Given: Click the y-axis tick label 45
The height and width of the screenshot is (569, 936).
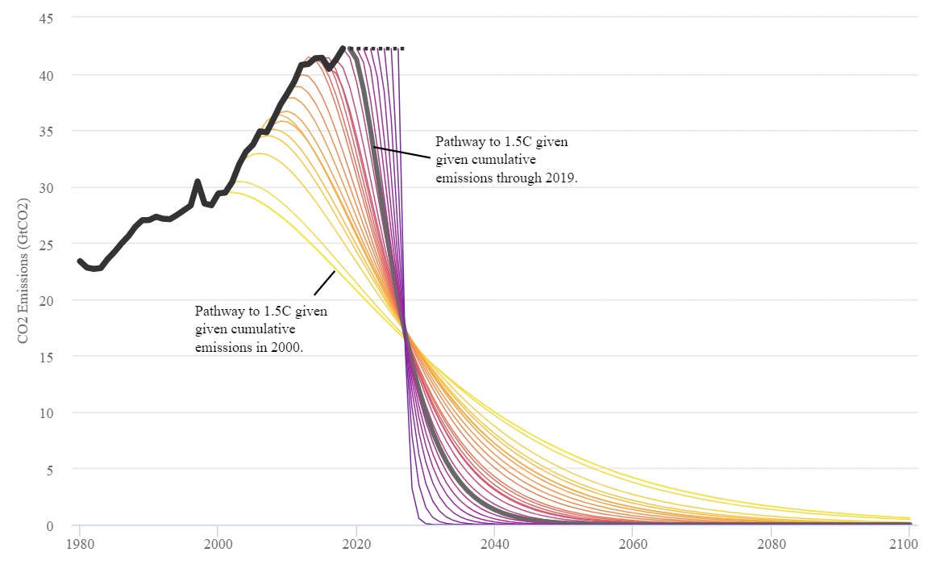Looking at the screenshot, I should click(x=45, y=18).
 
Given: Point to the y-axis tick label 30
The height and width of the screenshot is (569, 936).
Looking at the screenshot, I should click(x=45, y=187).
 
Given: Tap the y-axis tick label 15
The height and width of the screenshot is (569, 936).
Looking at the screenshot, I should click(x=45, y=356).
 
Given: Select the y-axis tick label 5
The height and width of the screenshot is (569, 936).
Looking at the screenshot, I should click(x=48, y=469).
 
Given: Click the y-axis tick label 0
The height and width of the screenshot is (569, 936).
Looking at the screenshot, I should click(x=48, y=525).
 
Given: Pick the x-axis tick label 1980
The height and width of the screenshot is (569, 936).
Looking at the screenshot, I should click(x=79, y=544).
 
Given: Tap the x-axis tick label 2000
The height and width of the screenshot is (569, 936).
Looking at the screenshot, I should click(x=218, y=544).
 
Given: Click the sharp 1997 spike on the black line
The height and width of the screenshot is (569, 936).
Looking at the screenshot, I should click(x=198, y=182).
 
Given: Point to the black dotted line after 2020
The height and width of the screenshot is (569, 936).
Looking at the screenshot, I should click(x=379, y=48).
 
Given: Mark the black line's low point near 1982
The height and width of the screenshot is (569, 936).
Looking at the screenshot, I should click(x=94, y=268).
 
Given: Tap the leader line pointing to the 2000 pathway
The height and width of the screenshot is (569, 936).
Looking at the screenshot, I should click(x=324, y=282).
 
